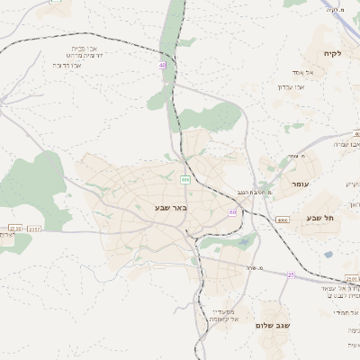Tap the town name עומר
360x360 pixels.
pos(300,184)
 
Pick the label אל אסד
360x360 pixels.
pos(301,72)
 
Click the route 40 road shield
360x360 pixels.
pos(163,66)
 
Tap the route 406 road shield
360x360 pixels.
pos(184,180)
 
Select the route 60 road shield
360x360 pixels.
pos(232,212)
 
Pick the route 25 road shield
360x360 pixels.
pos(291,274)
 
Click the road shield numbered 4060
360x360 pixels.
pos(282,220)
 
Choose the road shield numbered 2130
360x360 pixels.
pos(13,229)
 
